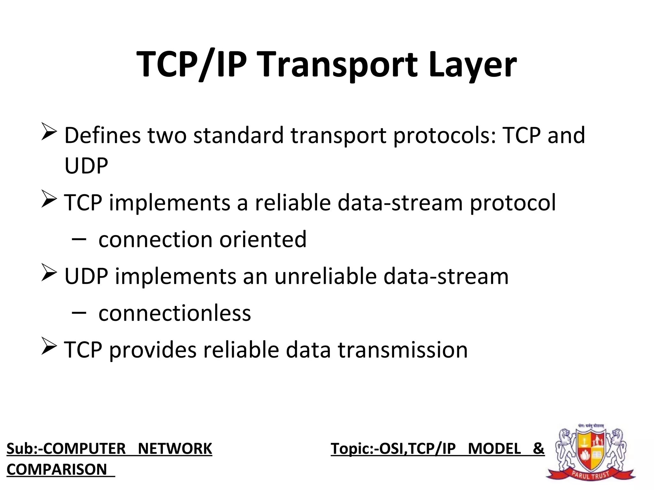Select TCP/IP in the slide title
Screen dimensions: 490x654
point(192,65)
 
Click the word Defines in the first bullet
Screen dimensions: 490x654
point(103,135)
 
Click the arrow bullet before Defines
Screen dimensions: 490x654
point(49,132)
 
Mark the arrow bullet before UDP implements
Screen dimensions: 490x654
point(49,273)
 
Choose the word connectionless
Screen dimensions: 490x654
point(175,313)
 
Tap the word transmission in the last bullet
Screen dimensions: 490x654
point(403,350)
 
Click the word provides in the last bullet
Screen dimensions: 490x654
point(153,351)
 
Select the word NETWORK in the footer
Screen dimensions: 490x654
point(175,449)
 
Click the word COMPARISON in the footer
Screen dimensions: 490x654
point(57,469)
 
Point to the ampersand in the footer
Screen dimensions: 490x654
point(538,449)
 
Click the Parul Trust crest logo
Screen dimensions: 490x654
point(591,453)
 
